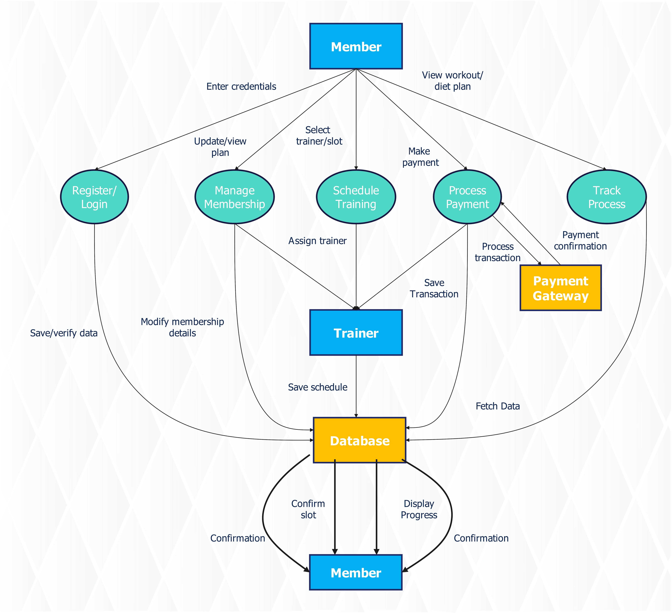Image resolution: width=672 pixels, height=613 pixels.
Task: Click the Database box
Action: [359, 440]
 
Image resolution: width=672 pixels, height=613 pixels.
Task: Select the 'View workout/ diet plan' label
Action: [452, 81]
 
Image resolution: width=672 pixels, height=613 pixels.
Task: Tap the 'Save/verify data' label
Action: [64, 333]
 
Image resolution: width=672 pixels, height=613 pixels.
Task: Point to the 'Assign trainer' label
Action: [317, 241]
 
